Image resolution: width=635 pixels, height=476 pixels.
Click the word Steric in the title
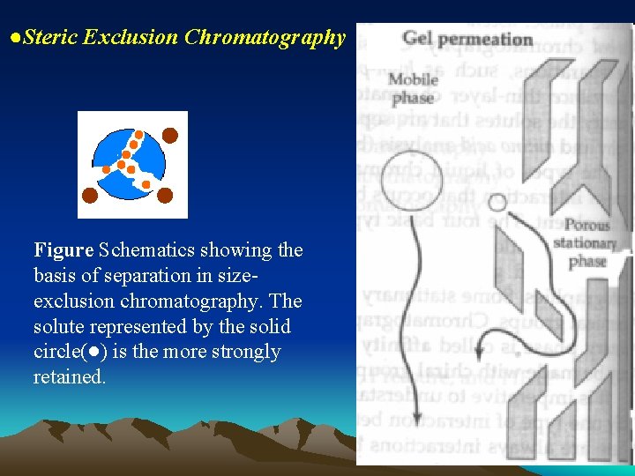point(49,37)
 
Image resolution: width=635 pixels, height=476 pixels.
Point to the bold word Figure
point(64,250)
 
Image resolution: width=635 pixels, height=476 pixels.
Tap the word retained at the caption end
point(68,377)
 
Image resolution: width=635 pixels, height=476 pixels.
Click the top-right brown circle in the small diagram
point(169,135)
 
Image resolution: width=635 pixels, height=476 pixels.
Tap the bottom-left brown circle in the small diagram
point(90,195)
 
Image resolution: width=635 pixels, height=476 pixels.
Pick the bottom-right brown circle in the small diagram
point(165,196)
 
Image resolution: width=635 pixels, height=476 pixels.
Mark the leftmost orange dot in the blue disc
point(106,168)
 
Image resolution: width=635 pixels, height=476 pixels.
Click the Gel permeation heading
point(467,40)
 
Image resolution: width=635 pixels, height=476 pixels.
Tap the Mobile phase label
point(414,86)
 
